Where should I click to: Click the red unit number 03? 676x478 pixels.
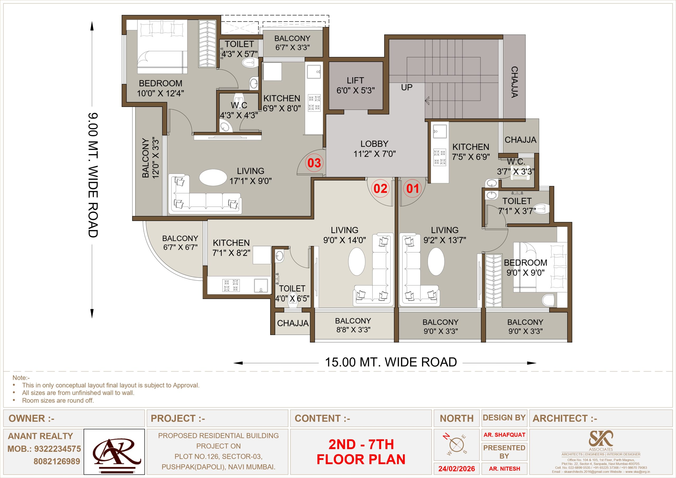(x=314, y=163)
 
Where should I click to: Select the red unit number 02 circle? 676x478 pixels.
(x=381, y=188)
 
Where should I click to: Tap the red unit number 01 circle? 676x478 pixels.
(x=412, y=188)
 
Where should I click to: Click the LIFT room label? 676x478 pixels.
(x=355, y=85)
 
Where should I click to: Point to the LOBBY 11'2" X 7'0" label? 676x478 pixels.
(x=374, y=149)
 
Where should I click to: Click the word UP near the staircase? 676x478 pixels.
(x=407, y=87)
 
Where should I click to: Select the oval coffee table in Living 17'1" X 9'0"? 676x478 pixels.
(x=213, y=177)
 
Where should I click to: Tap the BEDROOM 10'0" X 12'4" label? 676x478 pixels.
(x=161, y=88)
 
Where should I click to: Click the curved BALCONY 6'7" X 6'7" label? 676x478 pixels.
(x=180, y=243)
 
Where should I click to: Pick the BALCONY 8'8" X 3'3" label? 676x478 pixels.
(x=353, y=325)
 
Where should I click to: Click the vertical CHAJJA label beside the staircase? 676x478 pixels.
(x=514, y=82)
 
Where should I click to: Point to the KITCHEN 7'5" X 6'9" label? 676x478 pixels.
(x=471, y=152)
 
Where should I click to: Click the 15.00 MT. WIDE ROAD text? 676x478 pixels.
(x=391, y=362)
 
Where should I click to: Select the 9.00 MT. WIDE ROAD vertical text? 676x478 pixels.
(x=93, y=175)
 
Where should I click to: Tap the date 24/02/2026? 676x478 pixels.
(x=457, y=469)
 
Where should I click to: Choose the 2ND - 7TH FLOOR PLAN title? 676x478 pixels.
(x=361, y=452)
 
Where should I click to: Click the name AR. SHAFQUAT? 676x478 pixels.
(x=504, y=435)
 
